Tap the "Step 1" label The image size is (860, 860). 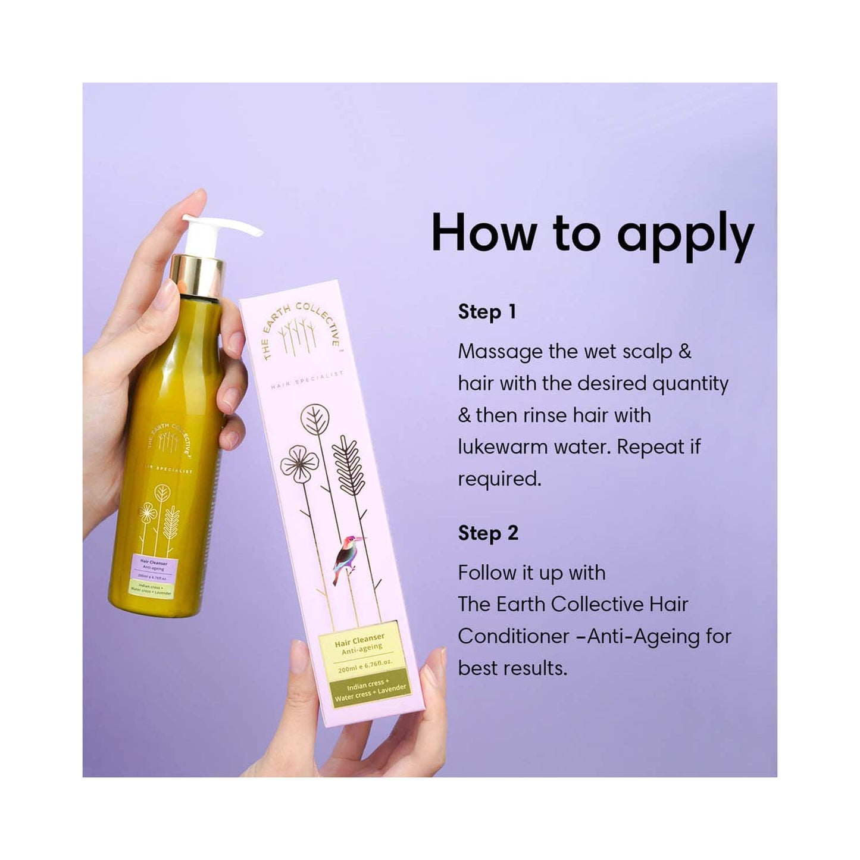click(x=487, y=312)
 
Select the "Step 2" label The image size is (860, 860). click(x=488, y=533)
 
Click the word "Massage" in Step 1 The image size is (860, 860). click(x=500, y=352)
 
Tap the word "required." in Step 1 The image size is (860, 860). click(x=499, y=479)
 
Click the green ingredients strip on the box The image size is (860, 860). click(x=370, y=690)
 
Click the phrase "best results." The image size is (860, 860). click(x=512, y=668)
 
